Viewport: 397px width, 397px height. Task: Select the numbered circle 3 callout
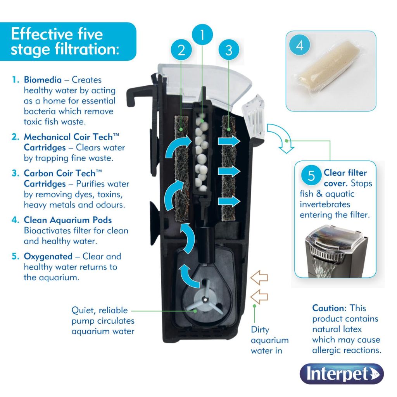pyautogui.click(x=229, y=50)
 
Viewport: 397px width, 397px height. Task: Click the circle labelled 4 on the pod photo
pyautogui.click(x=300, y=46)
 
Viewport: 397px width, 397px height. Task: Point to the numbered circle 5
pyautogui.click(x=311, y=176)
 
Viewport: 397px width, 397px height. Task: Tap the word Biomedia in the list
pyautogui.click(x=43, y=80)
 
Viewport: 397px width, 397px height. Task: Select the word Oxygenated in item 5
pyautogui.click(x=48, y=257)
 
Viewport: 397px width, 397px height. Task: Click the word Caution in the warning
pyautogui.click(x=328, y=309)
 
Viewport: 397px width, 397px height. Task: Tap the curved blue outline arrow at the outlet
pyautogui.click(x=283, y=139)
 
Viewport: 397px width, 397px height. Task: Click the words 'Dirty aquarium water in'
pyautogui.click(x=269, y=340)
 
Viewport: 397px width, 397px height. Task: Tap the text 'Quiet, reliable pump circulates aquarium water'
pyautogui.click(x=103, y=321)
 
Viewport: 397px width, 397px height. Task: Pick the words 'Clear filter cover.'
pyautogui.click(x=345, y=178)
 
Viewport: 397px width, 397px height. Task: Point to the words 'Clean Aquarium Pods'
pyautogui.click(x=68, y=220)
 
